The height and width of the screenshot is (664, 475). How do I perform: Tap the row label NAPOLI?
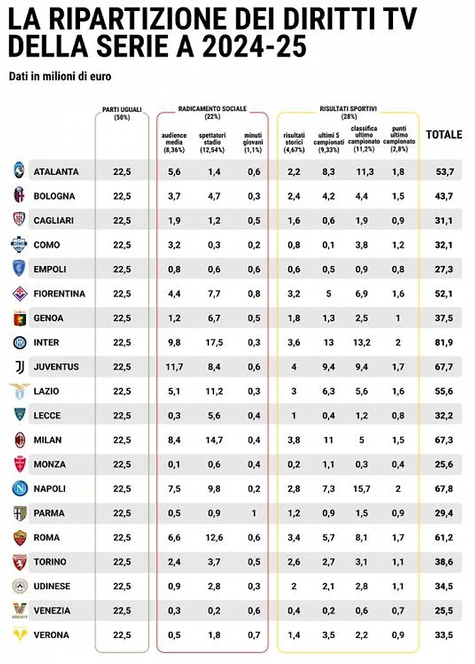click(x=49, y=488)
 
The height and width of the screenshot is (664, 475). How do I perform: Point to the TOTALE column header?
click(x=444, y=135)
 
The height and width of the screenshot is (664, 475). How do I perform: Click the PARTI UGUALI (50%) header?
click(x=122, y=113)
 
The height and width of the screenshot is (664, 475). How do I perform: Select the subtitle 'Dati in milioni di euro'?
click(x=60, y=77)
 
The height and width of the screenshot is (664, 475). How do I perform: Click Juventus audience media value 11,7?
click(x=174, y=367)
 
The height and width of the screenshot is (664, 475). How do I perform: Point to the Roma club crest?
click(x=19, y=537)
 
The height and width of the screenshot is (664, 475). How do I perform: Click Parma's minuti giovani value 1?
click(x=254, y=513)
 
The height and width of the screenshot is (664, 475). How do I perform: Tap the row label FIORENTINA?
click(x=59, y=293)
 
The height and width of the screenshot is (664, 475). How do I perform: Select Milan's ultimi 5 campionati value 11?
click(x=329, y=440)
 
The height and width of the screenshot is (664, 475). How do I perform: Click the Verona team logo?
click(x=20, y=635)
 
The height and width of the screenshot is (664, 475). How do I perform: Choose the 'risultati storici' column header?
click(x=294, y=142)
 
